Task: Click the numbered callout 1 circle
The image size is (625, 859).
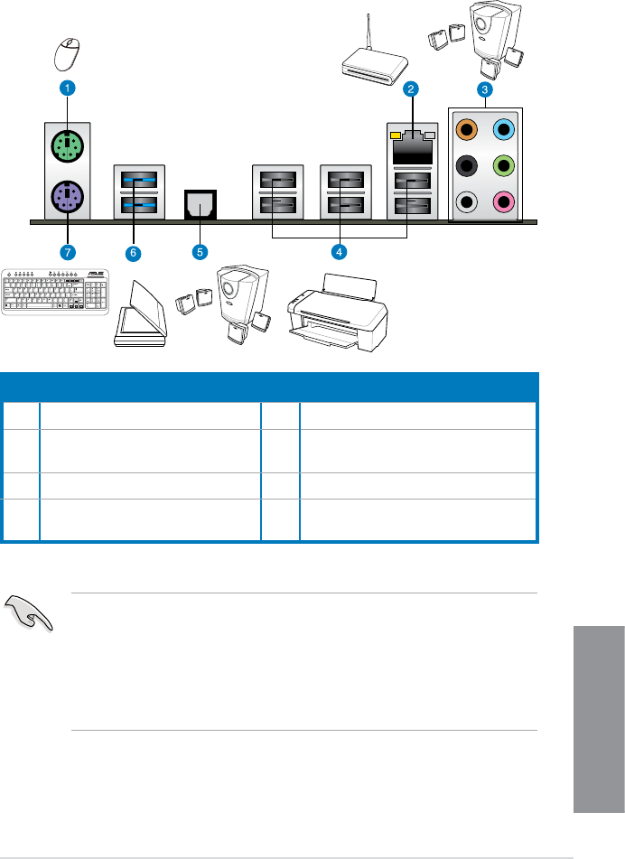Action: [68, 89]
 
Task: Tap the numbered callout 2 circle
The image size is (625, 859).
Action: [411, 89]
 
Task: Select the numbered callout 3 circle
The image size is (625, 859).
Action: [485, 89]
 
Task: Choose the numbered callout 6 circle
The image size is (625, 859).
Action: [133, 253]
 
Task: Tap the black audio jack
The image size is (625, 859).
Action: [468, 166]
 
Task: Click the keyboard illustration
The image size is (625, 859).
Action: [55, 291]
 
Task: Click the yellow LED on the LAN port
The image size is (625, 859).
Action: [394, 135]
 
